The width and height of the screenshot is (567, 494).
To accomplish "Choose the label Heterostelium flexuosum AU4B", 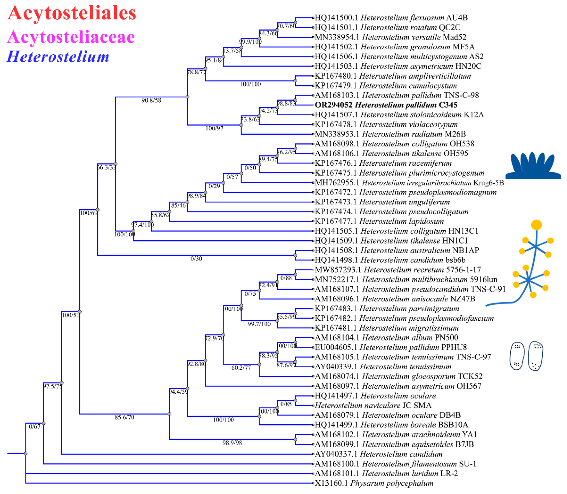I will click(391, 18).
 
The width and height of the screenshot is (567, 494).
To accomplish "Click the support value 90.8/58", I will click(151, 100).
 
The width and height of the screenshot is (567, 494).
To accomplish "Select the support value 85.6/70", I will click(124, 417).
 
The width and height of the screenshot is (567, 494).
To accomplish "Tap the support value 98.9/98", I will click(232, 443).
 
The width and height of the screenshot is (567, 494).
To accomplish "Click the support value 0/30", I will click(196, 259).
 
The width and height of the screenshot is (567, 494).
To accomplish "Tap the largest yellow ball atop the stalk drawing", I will click(536, 225).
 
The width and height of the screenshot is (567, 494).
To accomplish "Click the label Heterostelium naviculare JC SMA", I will click(373, 405).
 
